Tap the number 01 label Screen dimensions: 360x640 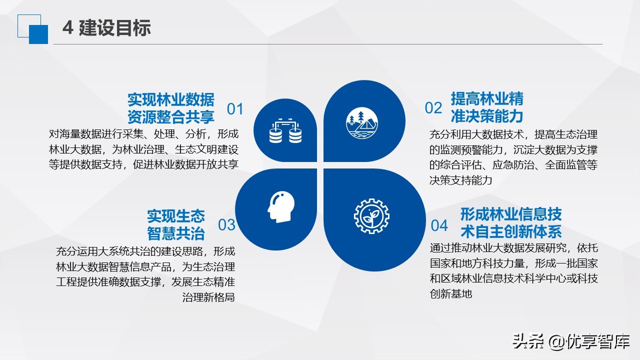click(235, 109)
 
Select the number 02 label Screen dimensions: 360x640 click(433, 107)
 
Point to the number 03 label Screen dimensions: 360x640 click(226, 224)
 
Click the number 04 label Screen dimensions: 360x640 click(439, 225)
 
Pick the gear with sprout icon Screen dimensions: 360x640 click(371, 216)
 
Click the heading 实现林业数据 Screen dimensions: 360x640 click(170, 99)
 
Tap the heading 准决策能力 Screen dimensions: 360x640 click(486, 116)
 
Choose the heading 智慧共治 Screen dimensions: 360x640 click(176, 233)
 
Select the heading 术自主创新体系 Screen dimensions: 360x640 click(511, 231)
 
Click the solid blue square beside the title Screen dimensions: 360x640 click(38, 34)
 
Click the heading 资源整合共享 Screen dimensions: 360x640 click(170, 117)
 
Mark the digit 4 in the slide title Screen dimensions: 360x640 click(67, 28)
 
